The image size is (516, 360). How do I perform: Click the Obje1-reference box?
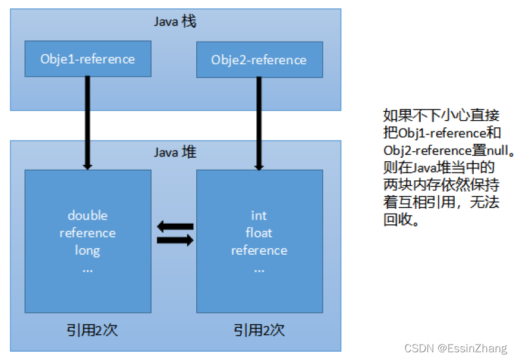(x=87, y=59)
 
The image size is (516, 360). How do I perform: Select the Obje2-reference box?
(x=259, y=60)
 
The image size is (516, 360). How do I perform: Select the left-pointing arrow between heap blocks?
(x=175, y=226)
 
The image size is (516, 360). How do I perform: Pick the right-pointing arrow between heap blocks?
(x=175, y=240)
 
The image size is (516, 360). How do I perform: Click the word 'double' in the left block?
(x=87, y=215)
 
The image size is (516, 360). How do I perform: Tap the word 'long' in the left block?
(x=87, y=251)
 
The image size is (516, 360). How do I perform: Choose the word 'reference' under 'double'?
(x=87, y=233)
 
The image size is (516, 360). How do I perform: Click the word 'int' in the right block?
(x=259, y=215)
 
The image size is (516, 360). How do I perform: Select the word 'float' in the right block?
(x=259, y=233)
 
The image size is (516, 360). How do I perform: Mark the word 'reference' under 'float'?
(x=259, y=251)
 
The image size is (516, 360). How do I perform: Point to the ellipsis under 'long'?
(x=87, y=268)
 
